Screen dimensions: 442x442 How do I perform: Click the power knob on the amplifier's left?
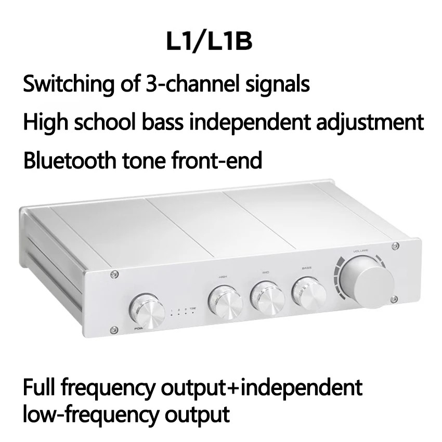148,311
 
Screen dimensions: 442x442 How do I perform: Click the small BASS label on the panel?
306,268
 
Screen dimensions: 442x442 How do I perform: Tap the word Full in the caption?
39,387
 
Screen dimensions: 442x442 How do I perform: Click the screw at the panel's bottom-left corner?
112,328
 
